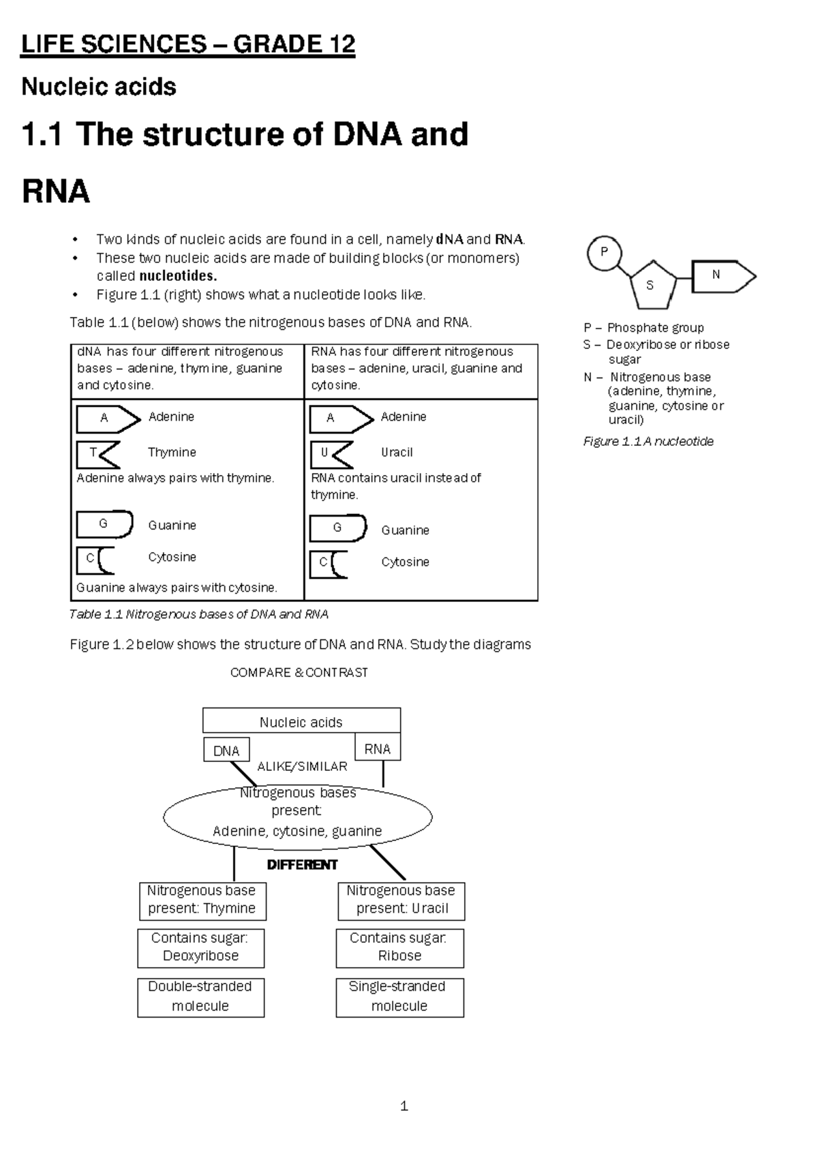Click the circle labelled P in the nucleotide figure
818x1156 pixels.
[x=604, y=253]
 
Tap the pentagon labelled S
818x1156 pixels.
[x=652, y=284]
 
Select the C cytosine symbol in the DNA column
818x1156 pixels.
[x=95, y=560]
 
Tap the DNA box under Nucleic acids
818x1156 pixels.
[x=226, y=750]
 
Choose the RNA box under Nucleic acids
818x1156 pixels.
[x=378, y=748]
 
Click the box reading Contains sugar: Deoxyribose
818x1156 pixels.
[x=200, y=947]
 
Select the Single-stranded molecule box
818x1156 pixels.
[x=399, y=997]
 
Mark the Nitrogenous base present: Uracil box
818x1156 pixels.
[x=402, y=900]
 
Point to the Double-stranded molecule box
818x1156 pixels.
[x=200, y=997]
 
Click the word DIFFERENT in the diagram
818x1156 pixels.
[x=302, y=864]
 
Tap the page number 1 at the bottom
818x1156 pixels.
[x=404, y=1106]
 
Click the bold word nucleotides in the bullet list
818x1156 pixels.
[x=178, y=276]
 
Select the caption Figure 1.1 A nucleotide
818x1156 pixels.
[x=648, y=442]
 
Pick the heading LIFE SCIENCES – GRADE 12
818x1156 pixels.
[x=188, y=45]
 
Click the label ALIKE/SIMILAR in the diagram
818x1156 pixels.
[x=302, y=767]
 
